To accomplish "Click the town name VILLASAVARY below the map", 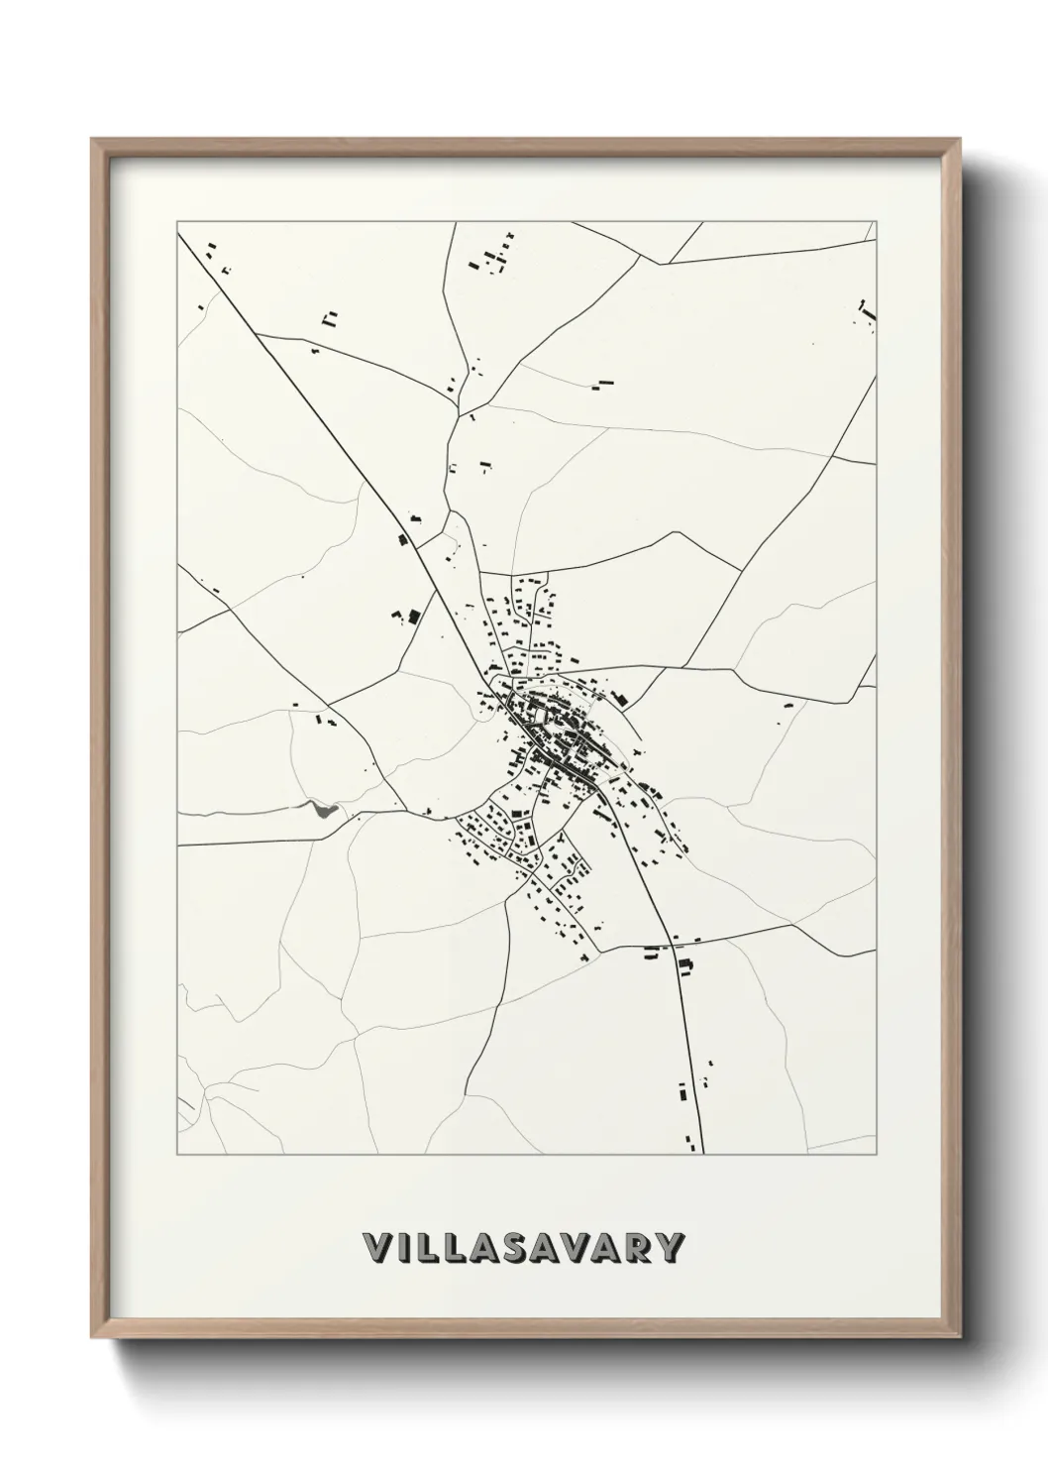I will click(x=524, y=1248).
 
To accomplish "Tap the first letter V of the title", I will click(x=378, y=1248).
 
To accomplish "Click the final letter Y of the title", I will click(x=670, y=1248).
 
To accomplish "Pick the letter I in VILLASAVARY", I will click(x=405, y=1248).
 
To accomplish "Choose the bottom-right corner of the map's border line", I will click(x=877, y=1155).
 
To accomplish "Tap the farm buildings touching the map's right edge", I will click(x=869, y=311).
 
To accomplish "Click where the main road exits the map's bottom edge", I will click(x=702, y=1153).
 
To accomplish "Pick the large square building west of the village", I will click(x=414, y=616).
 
